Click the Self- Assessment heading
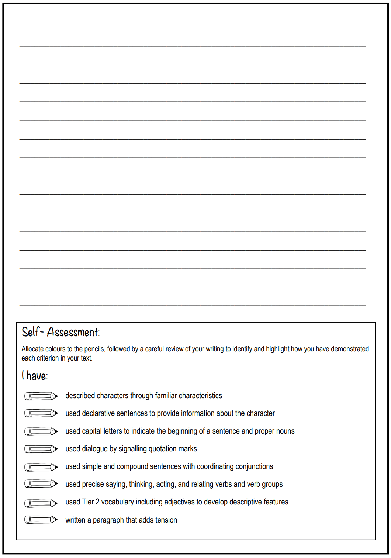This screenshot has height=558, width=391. [60, 332]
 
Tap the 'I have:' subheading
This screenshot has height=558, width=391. [35, 376]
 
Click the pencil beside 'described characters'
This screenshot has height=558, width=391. [41, 396]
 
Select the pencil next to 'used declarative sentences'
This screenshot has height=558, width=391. [41, 413]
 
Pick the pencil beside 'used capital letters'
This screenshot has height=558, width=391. [41, 431]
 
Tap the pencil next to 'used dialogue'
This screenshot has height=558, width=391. [41, 449]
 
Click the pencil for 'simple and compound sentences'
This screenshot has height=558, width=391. [41, 467]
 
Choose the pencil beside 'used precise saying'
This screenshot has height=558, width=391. [41, 483]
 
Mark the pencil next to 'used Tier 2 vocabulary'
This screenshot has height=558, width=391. [41, 503]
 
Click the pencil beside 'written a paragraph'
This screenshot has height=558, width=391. [41, 520]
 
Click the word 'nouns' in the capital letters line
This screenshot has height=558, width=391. [286, 431]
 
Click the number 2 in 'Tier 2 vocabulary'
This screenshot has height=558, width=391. [97, 502]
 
